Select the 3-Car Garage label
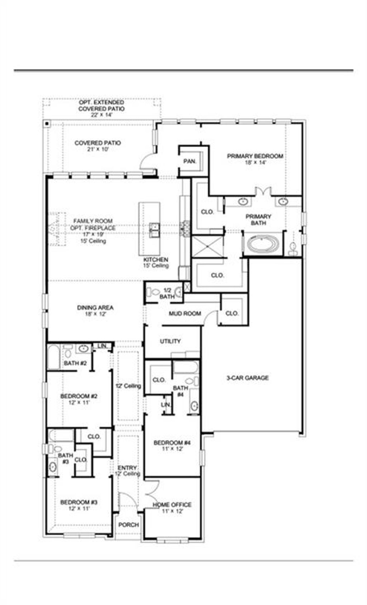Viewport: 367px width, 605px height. coord(247,378)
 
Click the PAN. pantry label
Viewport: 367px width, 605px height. coord(190,162)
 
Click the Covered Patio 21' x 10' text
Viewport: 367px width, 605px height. coord(97,146)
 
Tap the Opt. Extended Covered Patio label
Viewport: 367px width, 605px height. coord(101,109)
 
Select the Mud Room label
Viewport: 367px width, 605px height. coord(185,314)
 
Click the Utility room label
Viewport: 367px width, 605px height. coord(170,341)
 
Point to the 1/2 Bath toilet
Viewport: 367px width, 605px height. coord(154,292)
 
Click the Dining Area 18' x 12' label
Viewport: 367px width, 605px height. coord(95,310)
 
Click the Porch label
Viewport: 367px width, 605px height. coord(129,525)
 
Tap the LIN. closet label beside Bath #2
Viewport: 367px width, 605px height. coord(102,346)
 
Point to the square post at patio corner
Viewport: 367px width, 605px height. coord(47,124)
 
